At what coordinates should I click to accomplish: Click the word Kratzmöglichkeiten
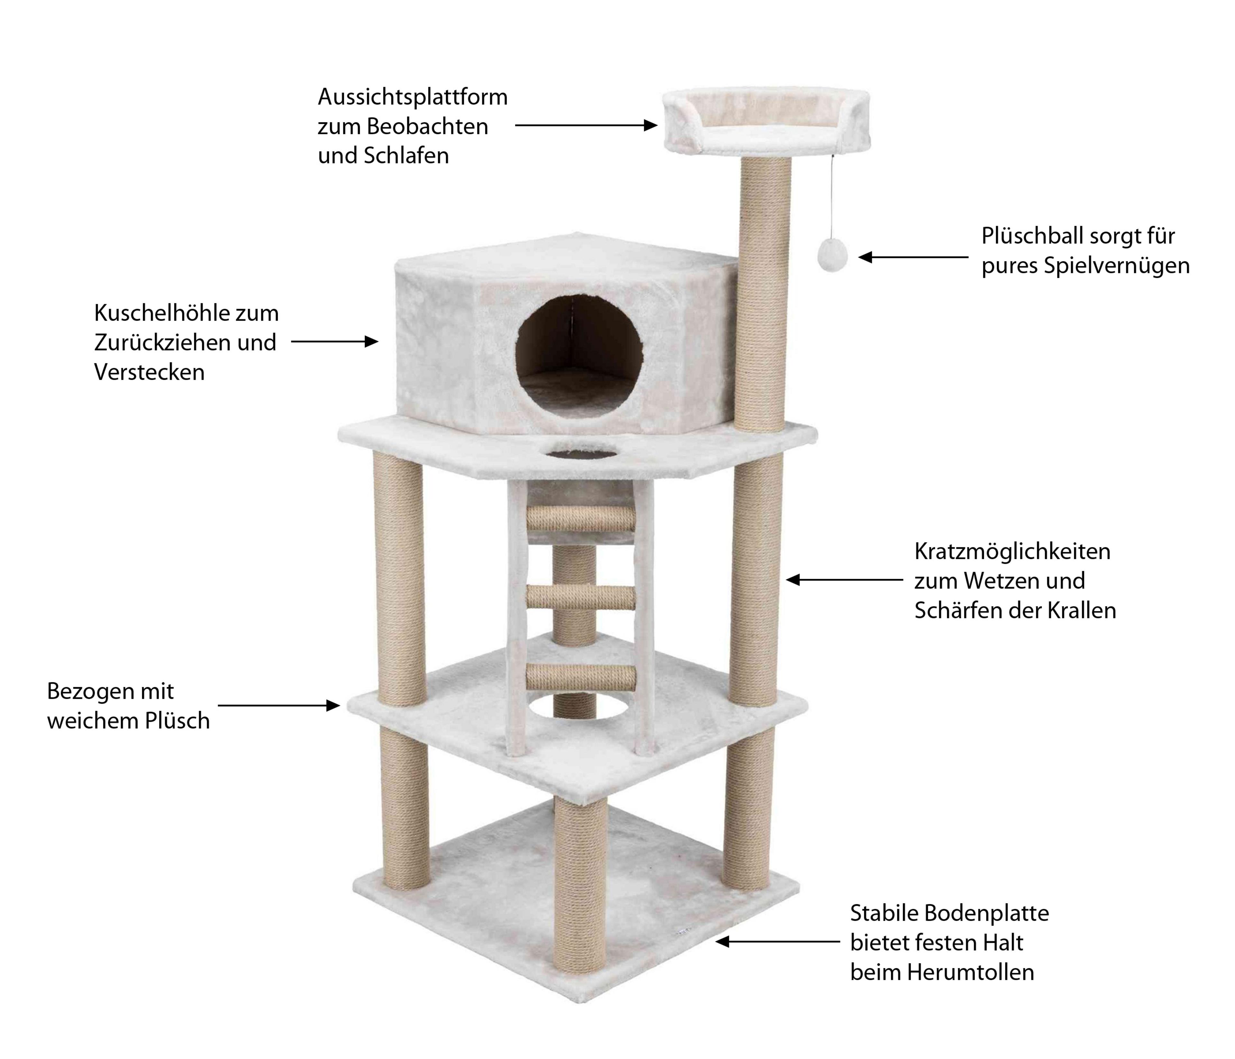click(1012, 552)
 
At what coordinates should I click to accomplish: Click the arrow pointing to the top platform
click(586, 125)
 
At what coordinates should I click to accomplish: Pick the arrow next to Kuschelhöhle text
click(334, 342)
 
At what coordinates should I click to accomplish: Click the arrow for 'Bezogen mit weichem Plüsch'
click(279, 705)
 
